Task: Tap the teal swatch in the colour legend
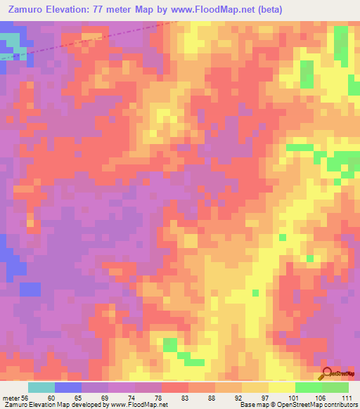pos(41,387)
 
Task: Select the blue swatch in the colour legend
pos(67,387)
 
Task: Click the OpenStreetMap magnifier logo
pos(327,374)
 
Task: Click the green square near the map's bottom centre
pos(170,344)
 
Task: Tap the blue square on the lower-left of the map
pos(30,288)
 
